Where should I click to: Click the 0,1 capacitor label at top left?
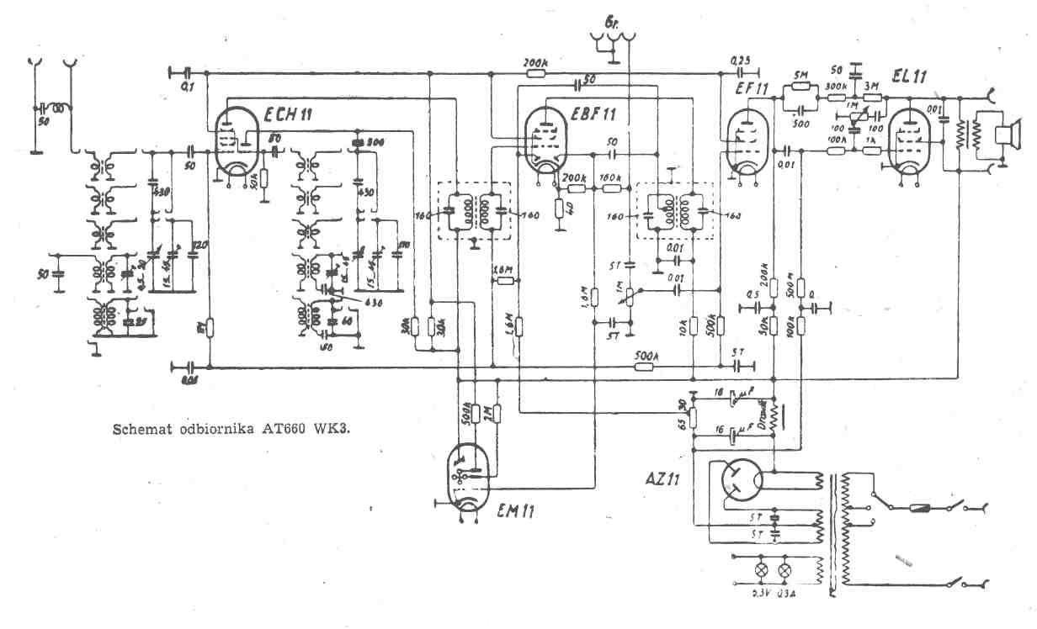(x=187, y=86)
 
